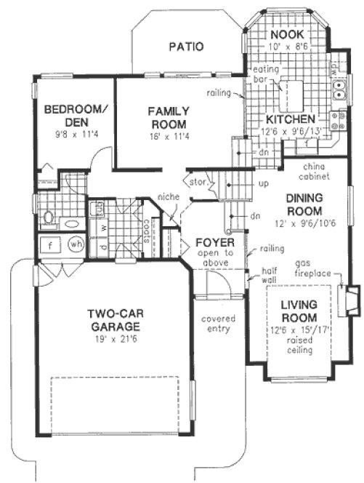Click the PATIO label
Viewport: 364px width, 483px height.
click(185, 47)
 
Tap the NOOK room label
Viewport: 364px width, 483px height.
click(283, 35)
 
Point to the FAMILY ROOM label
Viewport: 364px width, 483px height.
click(169, 118)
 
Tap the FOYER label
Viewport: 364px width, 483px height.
click(213, 242)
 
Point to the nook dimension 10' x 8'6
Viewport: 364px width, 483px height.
click(283, 45)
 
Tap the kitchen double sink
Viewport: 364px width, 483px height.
click(339, 88)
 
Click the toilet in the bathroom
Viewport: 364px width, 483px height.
click(49, 216)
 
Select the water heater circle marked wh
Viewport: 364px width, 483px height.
click(76, 244)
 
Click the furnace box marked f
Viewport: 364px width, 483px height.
click(50, 245)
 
